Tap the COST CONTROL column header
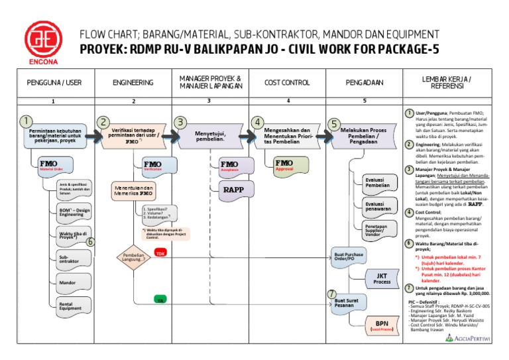pos(287,83)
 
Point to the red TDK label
pos(159,253)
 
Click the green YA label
pos(159,300)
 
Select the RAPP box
pos(234,189)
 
